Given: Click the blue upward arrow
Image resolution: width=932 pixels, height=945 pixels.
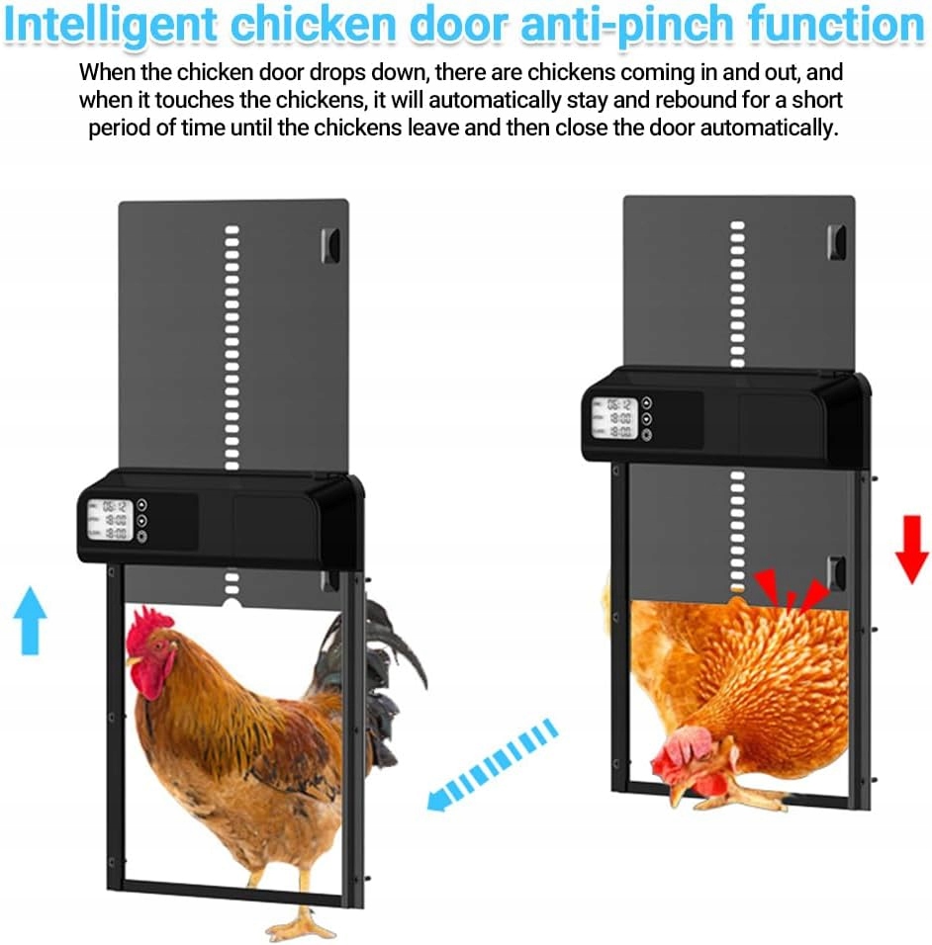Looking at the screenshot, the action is [30, 621].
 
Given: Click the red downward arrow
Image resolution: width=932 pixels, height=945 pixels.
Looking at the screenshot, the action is [911, 549].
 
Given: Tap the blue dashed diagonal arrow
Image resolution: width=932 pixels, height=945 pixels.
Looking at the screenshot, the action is [492, 764].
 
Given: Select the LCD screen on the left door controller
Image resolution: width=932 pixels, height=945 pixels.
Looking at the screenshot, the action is [111, 520].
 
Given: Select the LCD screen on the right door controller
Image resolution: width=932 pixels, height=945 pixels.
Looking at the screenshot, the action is [614, 418].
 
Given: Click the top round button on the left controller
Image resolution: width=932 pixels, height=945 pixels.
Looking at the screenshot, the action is [141, 504].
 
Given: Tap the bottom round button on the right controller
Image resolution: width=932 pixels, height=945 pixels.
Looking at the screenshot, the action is [647, 435].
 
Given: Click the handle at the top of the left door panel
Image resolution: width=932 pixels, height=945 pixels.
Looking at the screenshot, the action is [330, 246].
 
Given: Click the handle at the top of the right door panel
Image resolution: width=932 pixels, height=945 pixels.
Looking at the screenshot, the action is [836, 242].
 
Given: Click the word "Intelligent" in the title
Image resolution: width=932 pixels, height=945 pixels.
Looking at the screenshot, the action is [110, 25].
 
